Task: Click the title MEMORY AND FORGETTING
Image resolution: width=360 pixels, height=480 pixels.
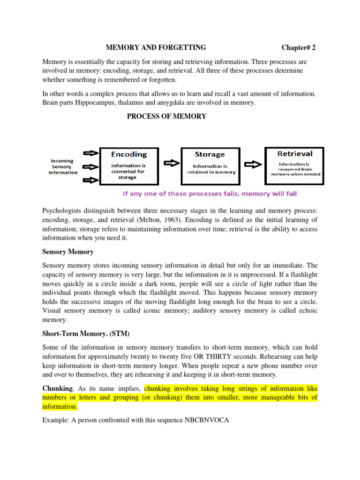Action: (x=156, y=47)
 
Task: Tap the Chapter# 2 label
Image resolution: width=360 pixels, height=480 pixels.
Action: (x=301, y=47)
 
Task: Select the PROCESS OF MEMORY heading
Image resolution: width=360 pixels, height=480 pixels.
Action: (x=166, y=116)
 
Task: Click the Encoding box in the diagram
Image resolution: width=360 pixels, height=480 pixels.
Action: (x=128, y=165)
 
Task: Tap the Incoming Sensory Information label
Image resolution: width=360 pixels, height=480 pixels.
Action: (x=63, y=166)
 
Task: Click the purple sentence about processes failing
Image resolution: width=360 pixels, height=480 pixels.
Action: (x=209, y=194)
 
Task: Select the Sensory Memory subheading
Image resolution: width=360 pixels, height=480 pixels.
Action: (x=68, y=252)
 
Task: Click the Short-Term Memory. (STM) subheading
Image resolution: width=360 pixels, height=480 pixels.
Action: (x=86, y=333)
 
